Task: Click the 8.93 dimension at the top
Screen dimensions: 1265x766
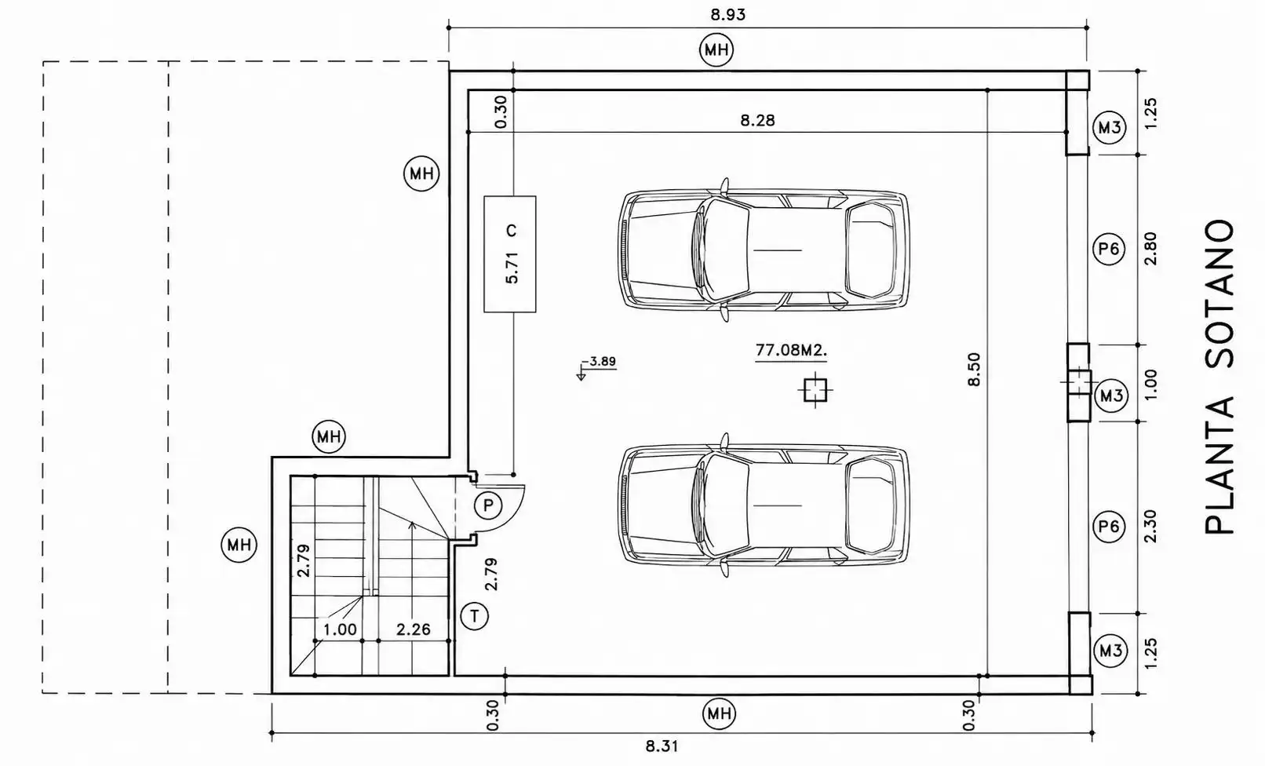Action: point(727,15)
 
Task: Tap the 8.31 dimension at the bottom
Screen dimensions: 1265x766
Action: point(662,746)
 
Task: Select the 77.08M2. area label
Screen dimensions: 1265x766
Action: point(791,350)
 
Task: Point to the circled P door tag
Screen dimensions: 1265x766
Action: point(488,505)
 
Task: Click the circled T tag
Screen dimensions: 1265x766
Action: point(474,616)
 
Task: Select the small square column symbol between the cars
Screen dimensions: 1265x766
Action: point(815,390)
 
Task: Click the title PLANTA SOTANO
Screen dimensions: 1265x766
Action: point(1219,377)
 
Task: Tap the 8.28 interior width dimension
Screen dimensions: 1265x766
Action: point(757,120)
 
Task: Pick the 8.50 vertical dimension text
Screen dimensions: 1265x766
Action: point(974,370)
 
